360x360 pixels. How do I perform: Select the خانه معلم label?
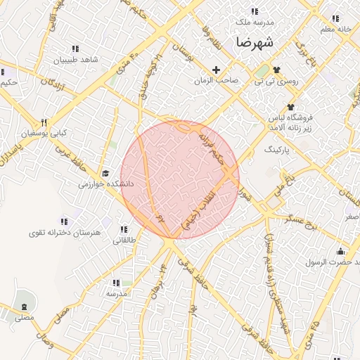(335, 29)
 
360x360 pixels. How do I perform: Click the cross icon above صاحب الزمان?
(216, 70)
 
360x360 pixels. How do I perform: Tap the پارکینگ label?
(281, 150)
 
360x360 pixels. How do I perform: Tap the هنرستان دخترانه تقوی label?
(65, 232)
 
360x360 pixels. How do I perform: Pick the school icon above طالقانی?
(124, 229)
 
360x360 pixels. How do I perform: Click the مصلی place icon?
(25, 307)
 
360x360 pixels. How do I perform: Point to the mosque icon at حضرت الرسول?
(342, 252)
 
